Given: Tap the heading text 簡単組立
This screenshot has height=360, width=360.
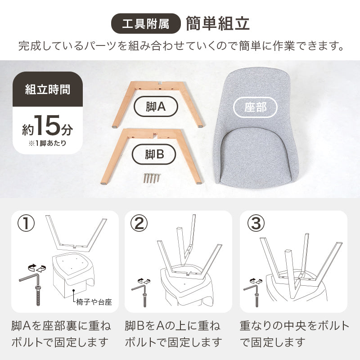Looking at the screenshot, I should pos(218,24).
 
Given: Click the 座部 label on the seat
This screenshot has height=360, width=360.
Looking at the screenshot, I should pos(255,108).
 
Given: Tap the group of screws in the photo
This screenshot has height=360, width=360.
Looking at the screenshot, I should pos(152,178).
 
